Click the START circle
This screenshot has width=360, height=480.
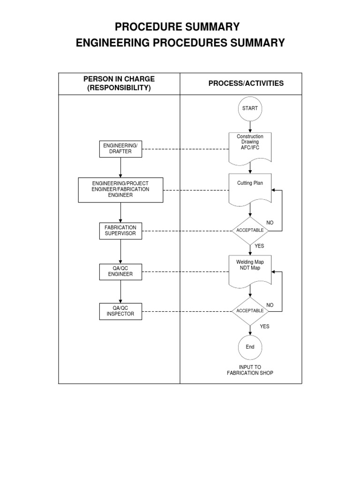(x=250, y=108)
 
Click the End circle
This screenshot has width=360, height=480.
(x=250, y=347)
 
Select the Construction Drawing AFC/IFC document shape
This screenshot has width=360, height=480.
(x=250, y=146)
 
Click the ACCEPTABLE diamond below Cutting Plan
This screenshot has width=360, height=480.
(x=250, y=231)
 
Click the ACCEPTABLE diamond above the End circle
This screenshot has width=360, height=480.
(x=250, y=311)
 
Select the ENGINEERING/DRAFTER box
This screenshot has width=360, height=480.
(x=120, y=149)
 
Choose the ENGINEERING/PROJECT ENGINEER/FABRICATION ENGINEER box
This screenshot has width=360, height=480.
(x=120, y=189)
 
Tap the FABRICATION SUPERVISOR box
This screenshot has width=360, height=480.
(x=120, y=231)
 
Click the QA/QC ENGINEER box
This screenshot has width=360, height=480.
(x=120, y=271)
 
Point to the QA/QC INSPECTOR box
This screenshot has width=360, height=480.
(x=120, y=311)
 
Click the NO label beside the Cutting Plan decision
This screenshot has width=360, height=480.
(x=270, y=222)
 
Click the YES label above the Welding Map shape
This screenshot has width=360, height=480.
(x=260, y=246)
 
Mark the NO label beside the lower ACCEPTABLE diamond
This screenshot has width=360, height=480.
(x=270, y=305)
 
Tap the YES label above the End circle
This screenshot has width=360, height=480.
(x=265, y=327)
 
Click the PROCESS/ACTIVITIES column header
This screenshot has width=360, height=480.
(x=246, y=83)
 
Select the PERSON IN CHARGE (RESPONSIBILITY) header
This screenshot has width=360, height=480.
(x=119, y=83)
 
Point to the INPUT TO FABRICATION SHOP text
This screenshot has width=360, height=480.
(x=250, y=370)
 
